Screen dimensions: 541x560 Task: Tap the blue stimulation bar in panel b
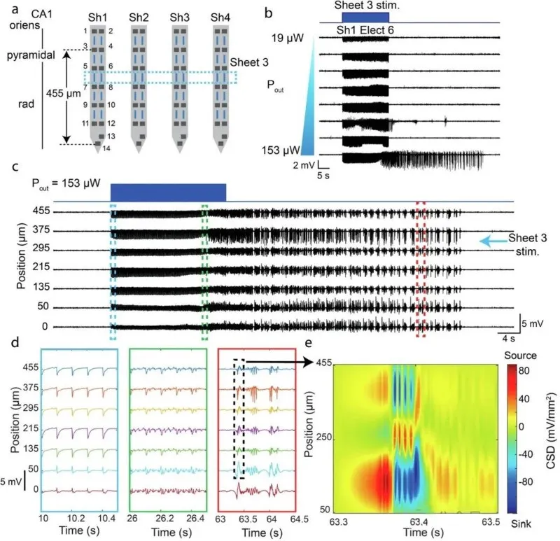(365, 17)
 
